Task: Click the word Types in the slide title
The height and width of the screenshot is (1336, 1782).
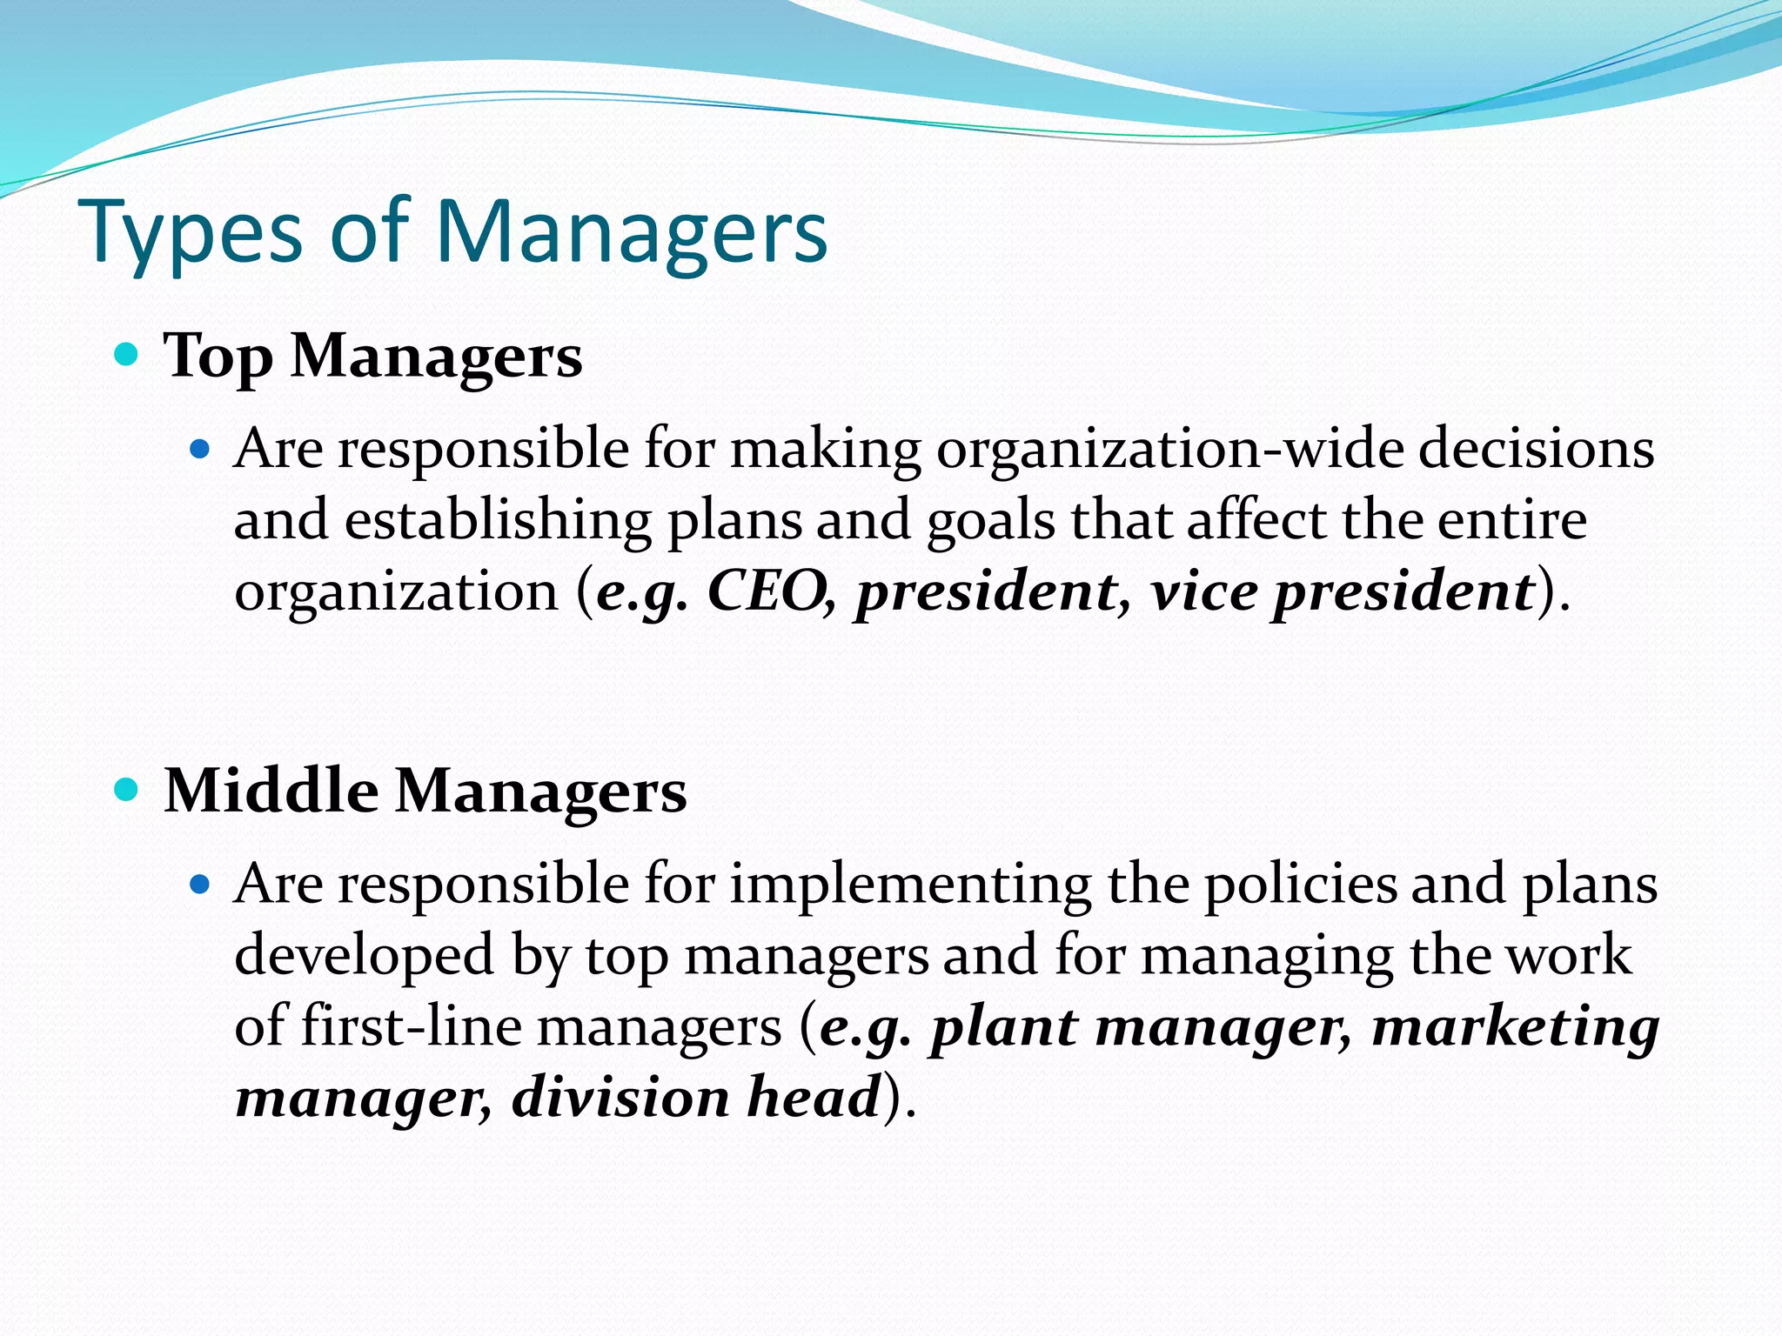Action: click(191, 232)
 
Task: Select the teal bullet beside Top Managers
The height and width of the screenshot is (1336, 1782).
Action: click(127, 355)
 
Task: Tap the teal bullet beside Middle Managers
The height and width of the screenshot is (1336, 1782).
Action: click(127, 790)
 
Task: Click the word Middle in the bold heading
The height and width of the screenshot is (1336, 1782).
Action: click(271, 791)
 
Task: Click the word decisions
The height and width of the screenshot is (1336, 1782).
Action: click(1536, 449)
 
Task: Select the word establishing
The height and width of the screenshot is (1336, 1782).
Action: click(498, 520)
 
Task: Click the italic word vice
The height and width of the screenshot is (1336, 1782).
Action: click(1204, 591)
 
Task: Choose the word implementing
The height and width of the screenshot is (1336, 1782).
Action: click(910, 885)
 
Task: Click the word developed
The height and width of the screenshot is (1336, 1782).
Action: click(365, 955)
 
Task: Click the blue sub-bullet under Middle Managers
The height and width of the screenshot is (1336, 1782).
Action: click(201, 885)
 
